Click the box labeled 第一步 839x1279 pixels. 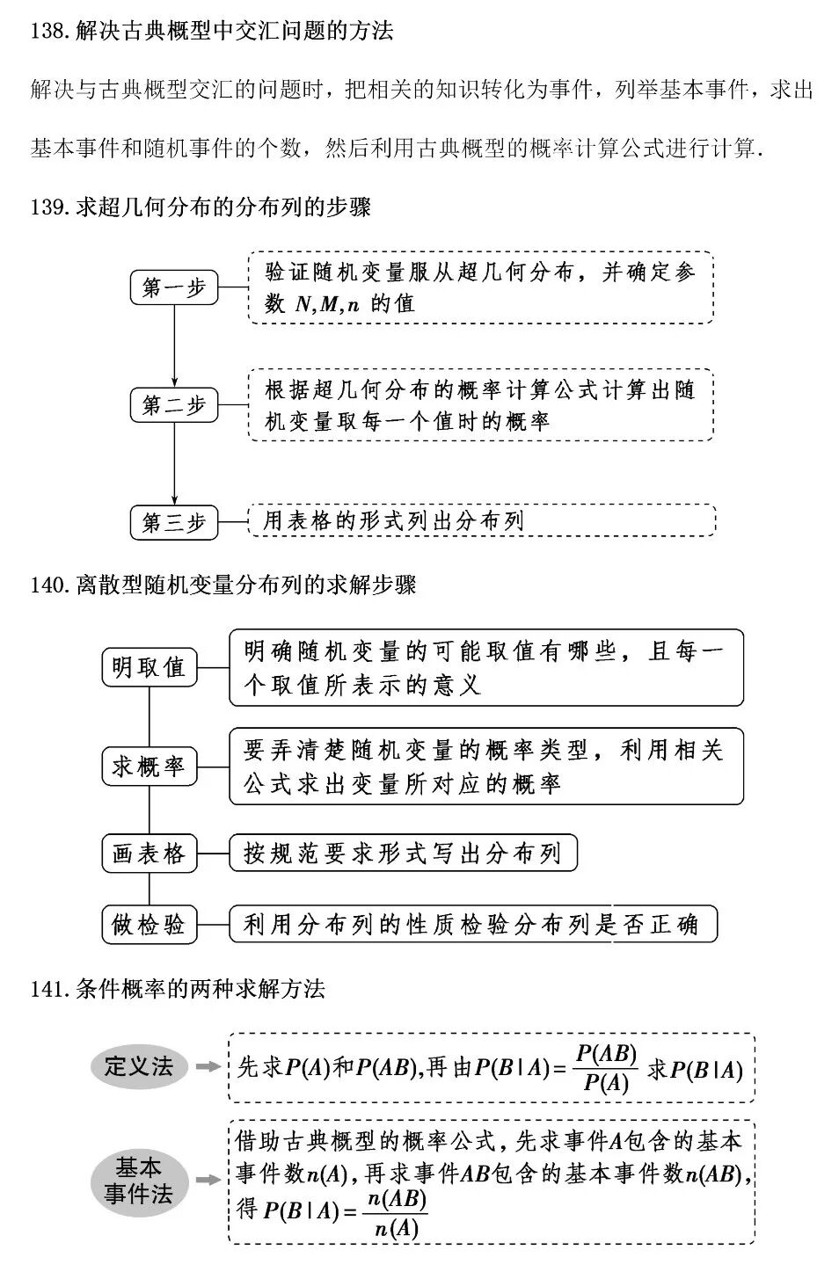tap(174, 287)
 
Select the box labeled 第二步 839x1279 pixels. tap(174, 405)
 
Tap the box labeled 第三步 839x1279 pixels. tap(174, 522)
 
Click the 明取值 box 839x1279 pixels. tap(149, 667)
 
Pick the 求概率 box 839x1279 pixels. tap(149, 766)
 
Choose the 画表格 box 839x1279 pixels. tap(149, 854)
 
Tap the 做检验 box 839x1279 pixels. tap(149, 925)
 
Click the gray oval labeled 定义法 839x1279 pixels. tap(139, 1067)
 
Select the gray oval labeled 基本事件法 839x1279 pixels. tap(139, 1181)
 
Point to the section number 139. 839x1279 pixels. tap(47, 207)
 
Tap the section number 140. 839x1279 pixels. tap(47, 585)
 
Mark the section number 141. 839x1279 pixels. tap(47, 989)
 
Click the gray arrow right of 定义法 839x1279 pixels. tap(208, 1067)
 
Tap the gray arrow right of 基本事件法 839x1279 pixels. tap(208, 1181)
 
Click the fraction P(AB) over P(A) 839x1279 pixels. tap(606, 1068)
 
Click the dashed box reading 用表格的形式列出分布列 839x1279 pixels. tap(481, 520)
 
